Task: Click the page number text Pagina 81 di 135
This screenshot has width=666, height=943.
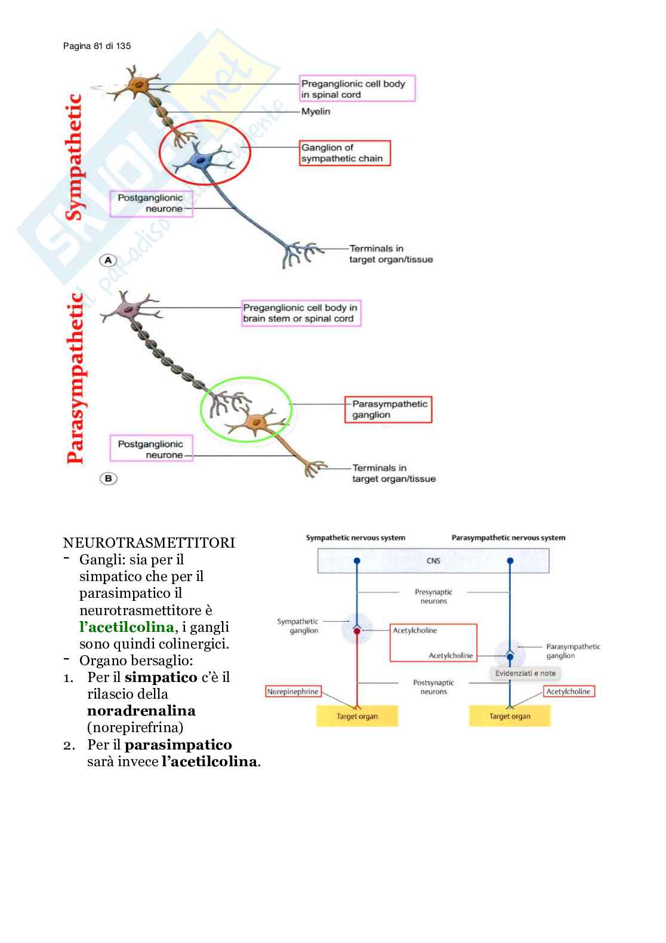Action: (97, 46)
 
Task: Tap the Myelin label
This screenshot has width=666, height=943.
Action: (315, 112)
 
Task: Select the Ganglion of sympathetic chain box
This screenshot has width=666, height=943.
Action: (344, 153)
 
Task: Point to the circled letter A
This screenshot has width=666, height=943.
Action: (108, 260)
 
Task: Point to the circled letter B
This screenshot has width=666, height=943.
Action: (108, 478)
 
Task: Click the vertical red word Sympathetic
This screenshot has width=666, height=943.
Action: (74, 157)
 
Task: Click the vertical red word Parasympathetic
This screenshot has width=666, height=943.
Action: (75, 378)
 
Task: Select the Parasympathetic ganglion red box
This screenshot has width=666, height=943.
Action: (388, 410)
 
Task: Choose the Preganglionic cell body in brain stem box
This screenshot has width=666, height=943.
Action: (301, 313)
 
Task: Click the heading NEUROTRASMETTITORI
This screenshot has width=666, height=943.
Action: (149, 543)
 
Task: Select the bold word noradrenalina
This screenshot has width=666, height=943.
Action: (141, 711)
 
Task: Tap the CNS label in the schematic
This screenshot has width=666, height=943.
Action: (433, 561)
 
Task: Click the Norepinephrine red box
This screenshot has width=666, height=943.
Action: (293, 692)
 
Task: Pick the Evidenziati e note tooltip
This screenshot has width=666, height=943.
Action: (525, 673)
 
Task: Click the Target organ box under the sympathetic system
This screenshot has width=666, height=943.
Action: (357, 716)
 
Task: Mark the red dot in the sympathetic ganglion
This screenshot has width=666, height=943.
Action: (357, 631)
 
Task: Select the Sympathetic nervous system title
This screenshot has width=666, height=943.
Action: (355, 537)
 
